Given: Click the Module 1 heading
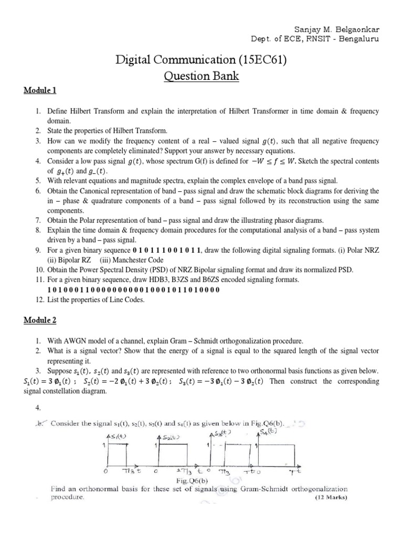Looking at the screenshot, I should [40, 90].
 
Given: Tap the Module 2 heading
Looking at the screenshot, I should [40, 320].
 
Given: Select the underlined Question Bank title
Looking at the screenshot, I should [201, 77].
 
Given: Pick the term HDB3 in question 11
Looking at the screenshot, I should [156, 280].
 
